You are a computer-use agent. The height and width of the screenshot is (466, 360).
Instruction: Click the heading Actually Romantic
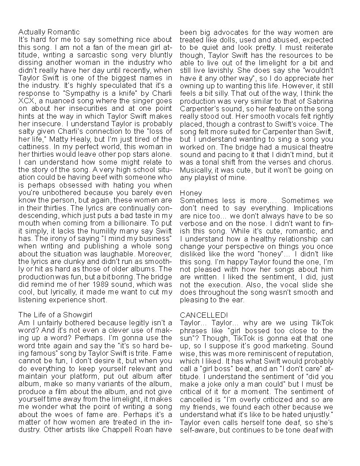[x=49, y=32]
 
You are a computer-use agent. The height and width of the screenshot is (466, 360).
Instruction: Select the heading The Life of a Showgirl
[x=55, y=314]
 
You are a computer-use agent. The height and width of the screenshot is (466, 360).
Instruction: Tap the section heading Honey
[x=191, y=193]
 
